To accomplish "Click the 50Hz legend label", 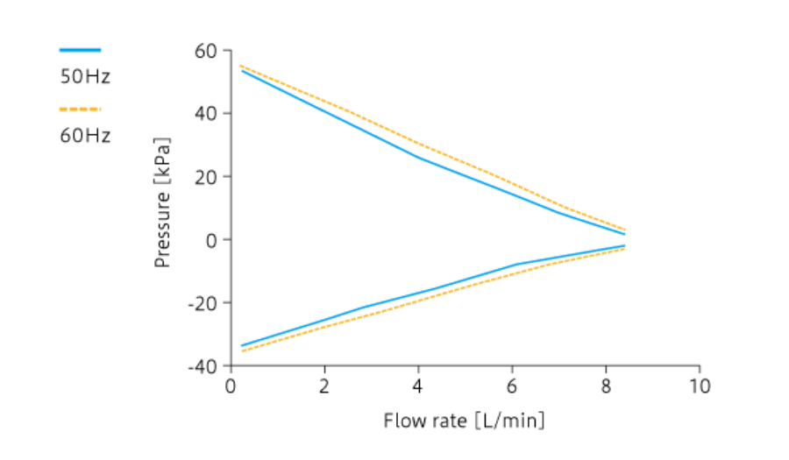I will pos(85,76).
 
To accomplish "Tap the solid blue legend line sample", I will pos(80,51).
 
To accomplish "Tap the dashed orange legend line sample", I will pos(80,110).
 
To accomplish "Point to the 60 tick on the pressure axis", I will pos(206,51).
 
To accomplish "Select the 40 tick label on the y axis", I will pos(206,114).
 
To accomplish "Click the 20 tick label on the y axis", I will pos(206,177).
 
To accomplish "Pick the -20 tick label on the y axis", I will pos(203,303).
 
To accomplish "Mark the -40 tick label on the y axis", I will pos(203,366).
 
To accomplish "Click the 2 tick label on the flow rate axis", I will pos(325,386).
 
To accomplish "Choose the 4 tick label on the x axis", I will pos(419,386).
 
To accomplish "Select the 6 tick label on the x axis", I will pos(513,386).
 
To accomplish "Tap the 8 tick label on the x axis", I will pos(607,386).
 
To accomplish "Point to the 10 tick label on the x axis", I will pos(700,386).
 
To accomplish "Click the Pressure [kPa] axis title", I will pos(162,202).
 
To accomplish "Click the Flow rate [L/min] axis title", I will pos(464,421).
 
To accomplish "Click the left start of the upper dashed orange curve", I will pos(241,66).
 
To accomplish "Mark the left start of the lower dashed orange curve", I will pos(241,351).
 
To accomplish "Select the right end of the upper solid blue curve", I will pos(624,234).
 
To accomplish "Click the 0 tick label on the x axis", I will pos(231,386).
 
